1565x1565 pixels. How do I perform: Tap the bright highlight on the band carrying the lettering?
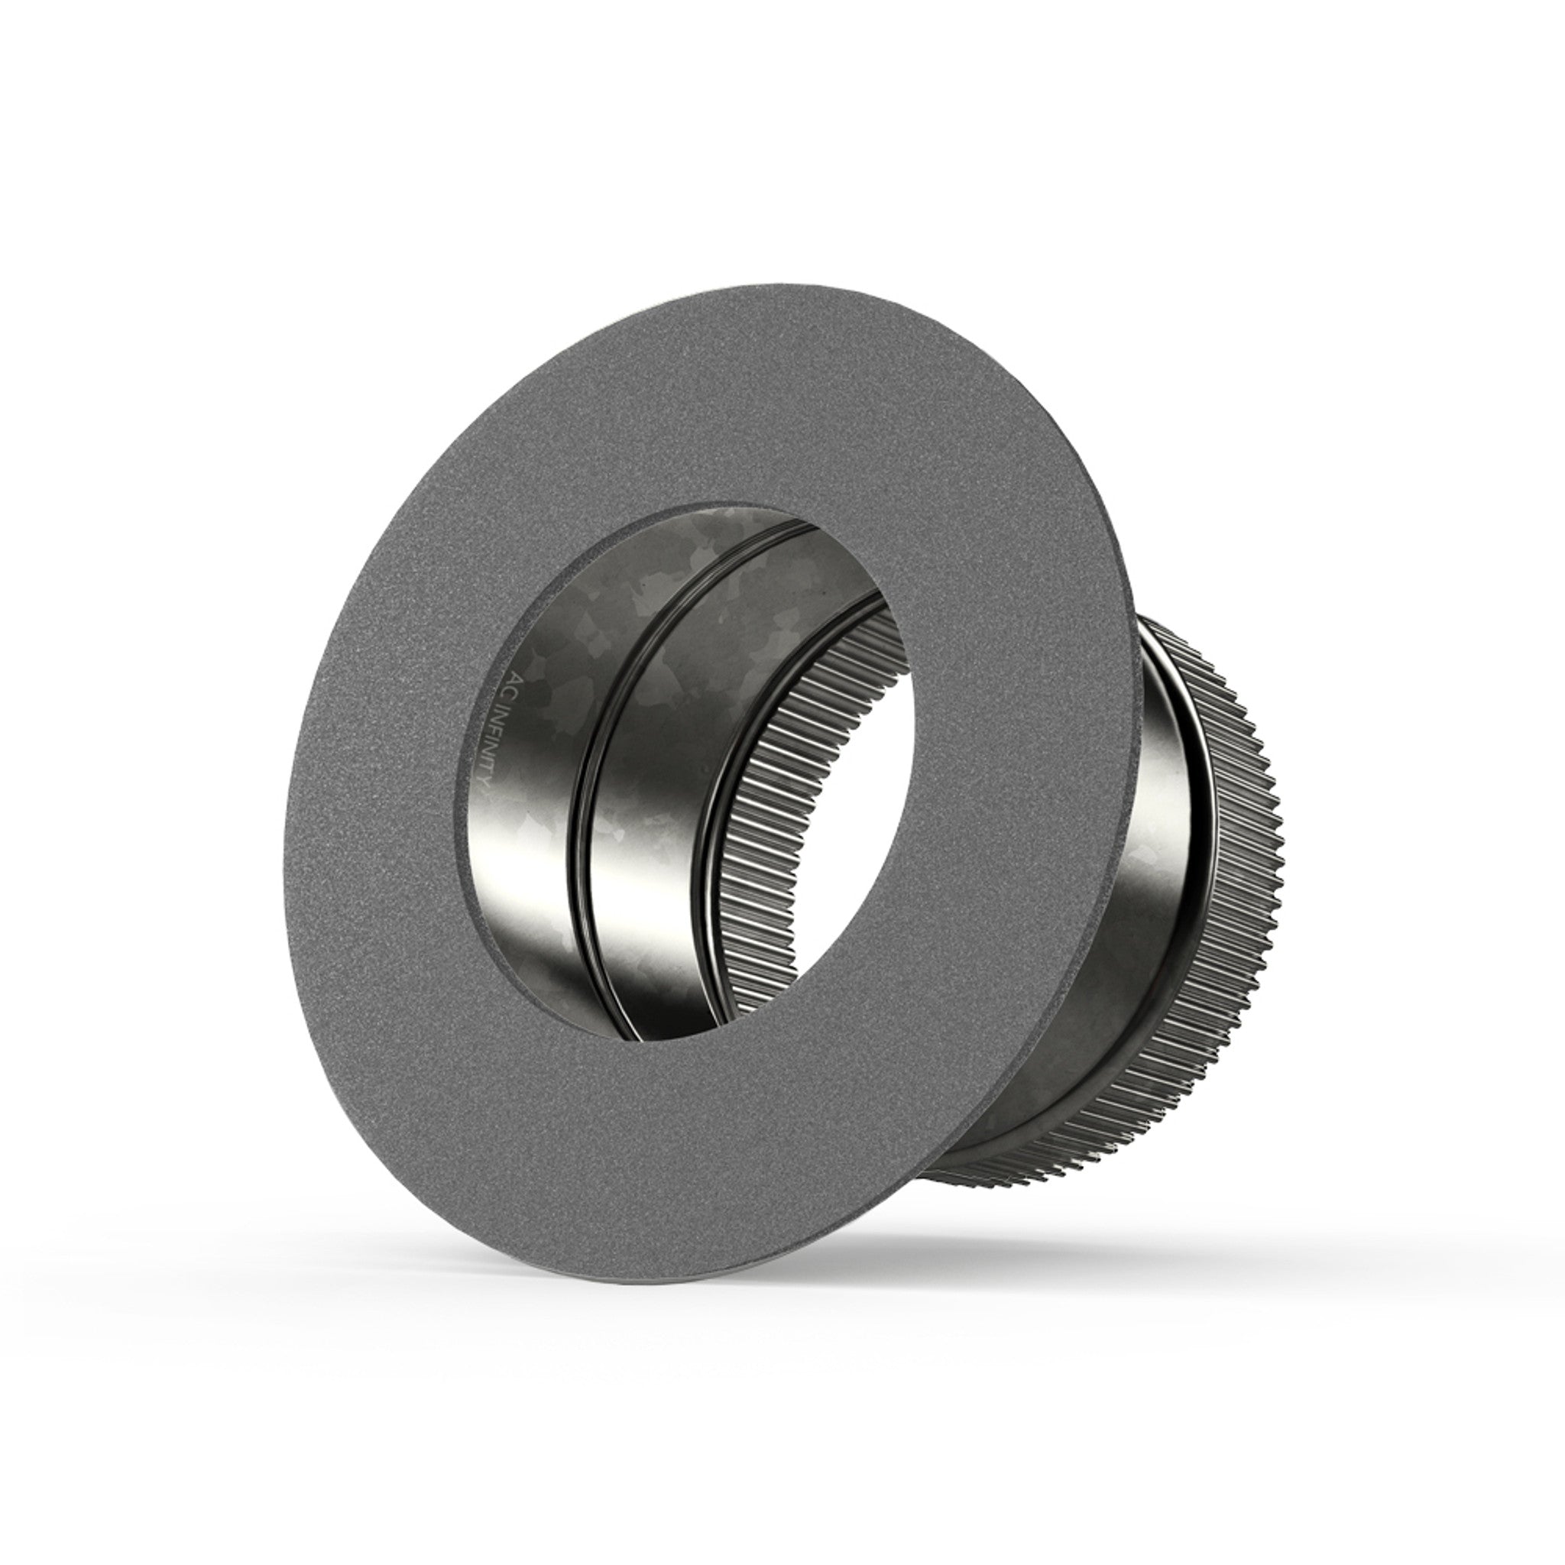pos(518,875)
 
